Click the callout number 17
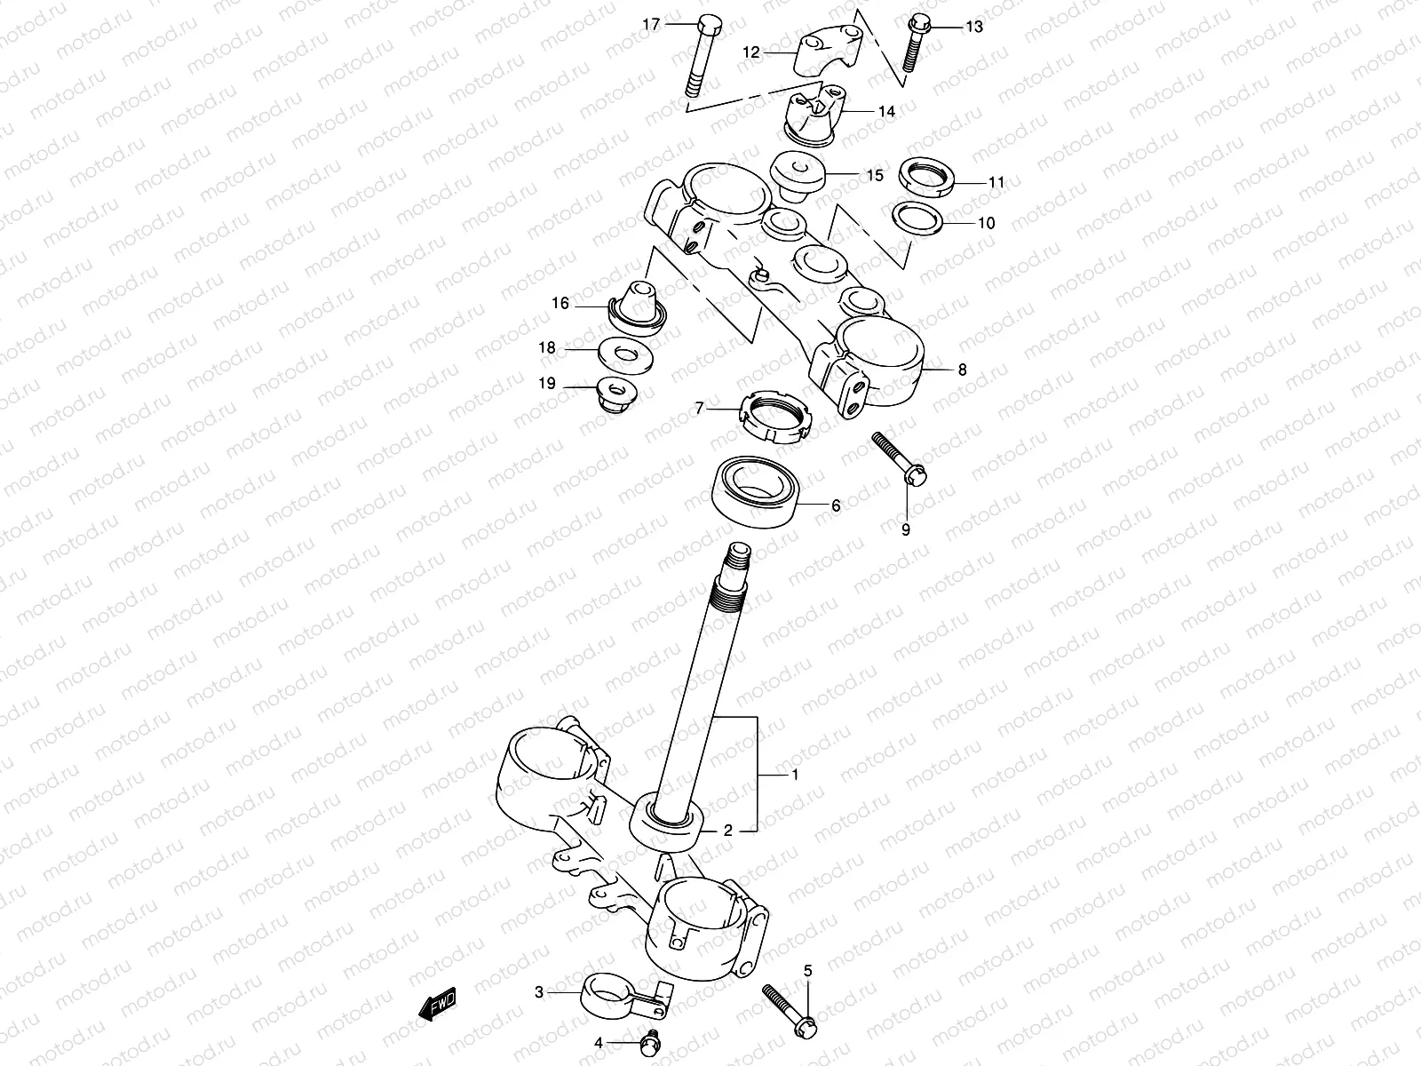click(x=651, y=25)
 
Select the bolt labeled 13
click(x=914, y=44)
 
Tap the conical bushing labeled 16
click(x=639, y=307)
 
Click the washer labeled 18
click(x=627, y=353)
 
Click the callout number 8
click(x=962, y=370)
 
